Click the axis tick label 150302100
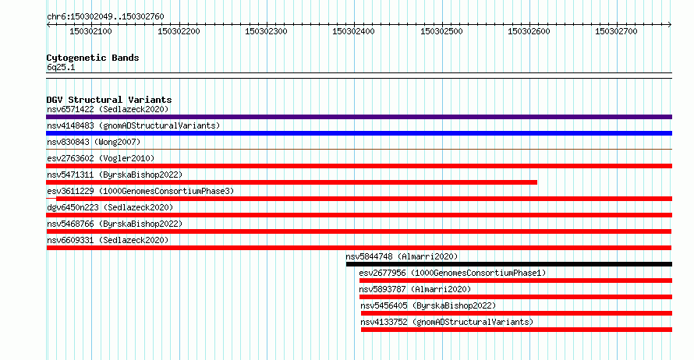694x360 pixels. click(90, 31)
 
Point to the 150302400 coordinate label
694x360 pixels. click(353, 31)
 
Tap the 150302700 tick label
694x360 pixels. click(616, 31)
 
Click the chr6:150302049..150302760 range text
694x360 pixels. click(105, 16)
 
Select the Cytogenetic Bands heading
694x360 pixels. click(93, 58)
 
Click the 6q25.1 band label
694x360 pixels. click(61, 67)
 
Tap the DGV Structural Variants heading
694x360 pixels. click(109, 100)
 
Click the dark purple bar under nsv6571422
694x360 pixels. click(359, 117)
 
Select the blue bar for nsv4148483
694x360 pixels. click(359, 133)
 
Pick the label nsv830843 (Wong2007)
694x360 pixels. click(94, 142)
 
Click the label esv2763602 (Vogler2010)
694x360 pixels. click(101, 158)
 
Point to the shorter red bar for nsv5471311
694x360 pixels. click(292, 182)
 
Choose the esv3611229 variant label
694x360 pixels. click(140, 191)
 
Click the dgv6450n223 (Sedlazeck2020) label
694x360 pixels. click(110, 207)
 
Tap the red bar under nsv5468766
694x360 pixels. click(359, 231)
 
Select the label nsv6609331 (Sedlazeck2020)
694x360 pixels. click(108, 240)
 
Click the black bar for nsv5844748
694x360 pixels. click(509, 264)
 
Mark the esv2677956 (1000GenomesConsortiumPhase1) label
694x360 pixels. click(452, 273)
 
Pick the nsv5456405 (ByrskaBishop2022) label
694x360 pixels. click(428, 305)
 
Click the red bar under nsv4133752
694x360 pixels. click(516, 330)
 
